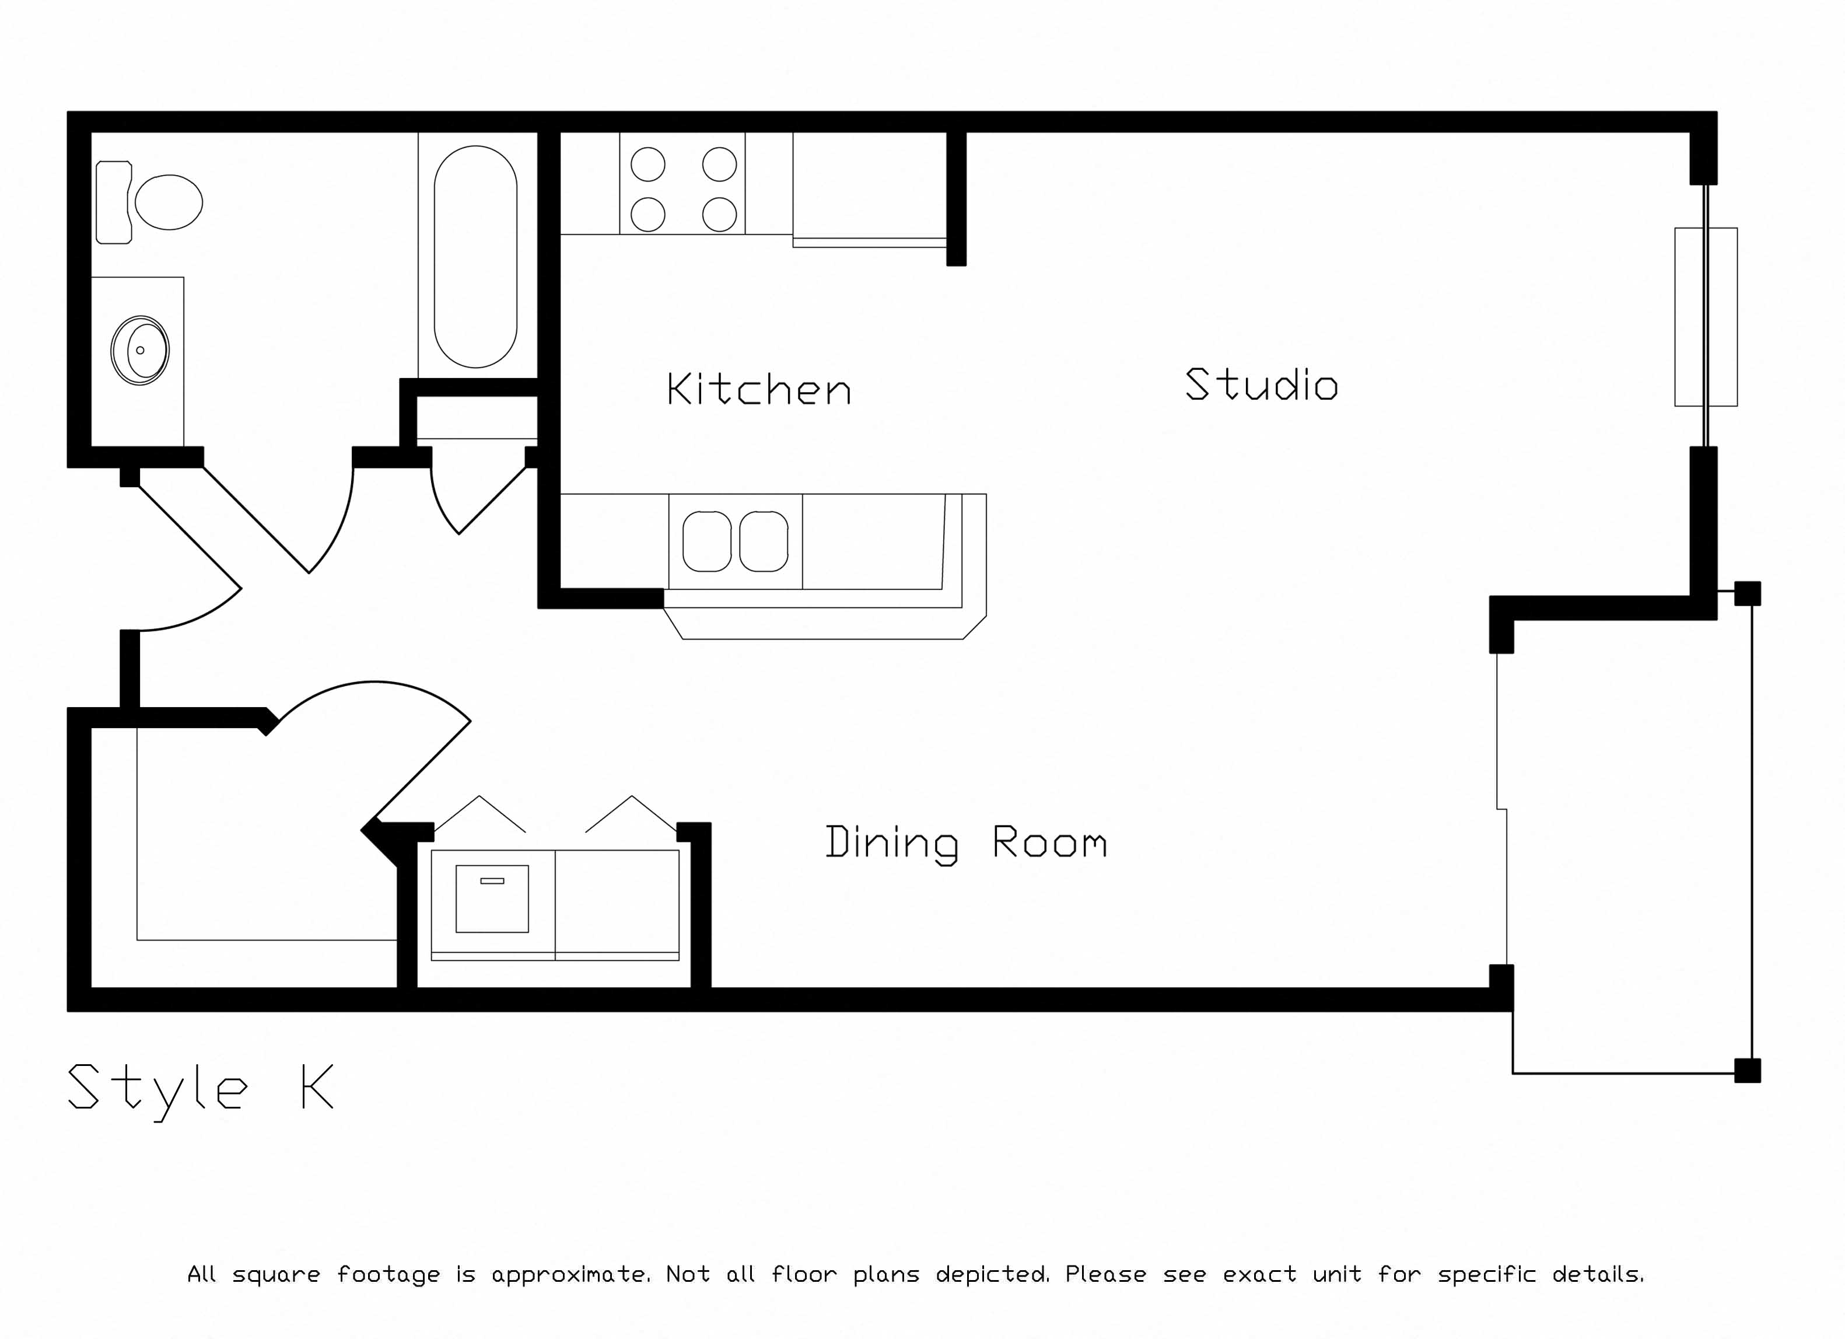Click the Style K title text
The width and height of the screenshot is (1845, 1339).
pos(200,1090)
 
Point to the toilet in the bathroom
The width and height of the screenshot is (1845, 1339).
pos(149,202)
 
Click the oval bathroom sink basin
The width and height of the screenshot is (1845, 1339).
pos(140,351)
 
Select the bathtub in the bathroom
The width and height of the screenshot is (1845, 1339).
pos(476,256)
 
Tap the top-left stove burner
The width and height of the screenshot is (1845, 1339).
pos(649,165)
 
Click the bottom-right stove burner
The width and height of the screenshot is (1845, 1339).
pos(719,215)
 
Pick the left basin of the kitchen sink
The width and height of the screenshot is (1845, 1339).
pos(707,541)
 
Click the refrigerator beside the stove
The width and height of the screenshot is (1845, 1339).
pos(870,188)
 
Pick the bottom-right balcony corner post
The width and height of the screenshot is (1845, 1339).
pos(1748,1071)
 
